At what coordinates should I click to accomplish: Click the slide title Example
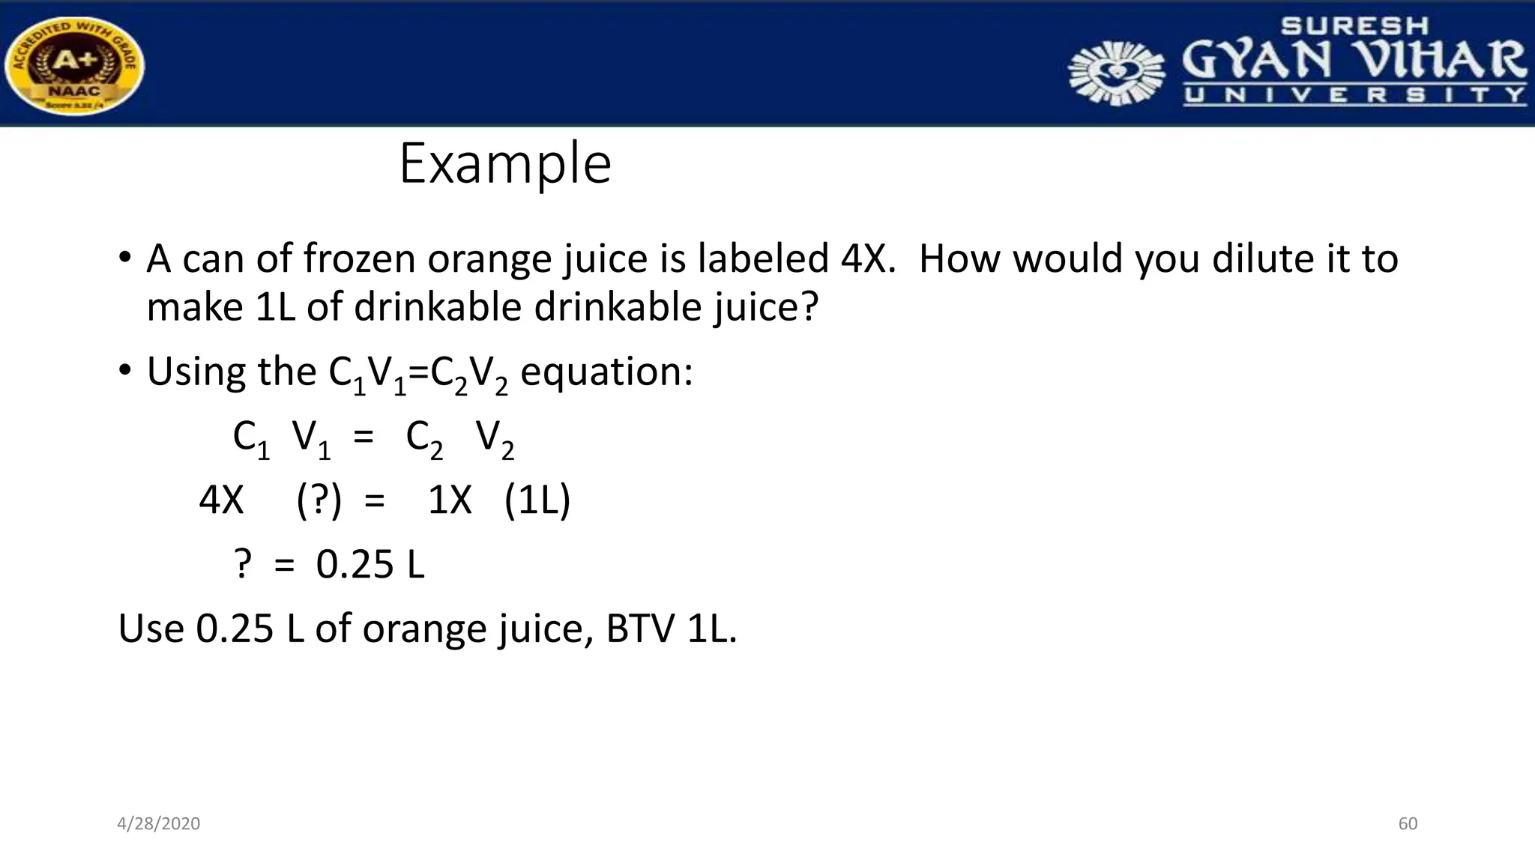point(505,164)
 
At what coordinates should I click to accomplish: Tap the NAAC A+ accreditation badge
point(74,66)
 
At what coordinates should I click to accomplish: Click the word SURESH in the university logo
point(1354,26)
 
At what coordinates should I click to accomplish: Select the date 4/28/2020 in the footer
point(159,824)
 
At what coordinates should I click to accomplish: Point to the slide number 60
point(1408,824)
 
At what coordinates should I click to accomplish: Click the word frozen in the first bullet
point(359,259)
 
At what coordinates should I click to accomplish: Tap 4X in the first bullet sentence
point(867,259)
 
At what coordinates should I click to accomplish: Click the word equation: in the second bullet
point(606,372)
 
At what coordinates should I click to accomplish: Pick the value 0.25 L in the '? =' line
point(370,565)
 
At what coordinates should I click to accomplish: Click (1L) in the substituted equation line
point(537,500)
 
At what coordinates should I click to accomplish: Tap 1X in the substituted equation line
point(450,500)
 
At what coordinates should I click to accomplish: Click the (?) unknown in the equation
point(319,500)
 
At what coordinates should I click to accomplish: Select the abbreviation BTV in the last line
point(640,629)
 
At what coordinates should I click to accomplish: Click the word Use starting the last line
point(151,629)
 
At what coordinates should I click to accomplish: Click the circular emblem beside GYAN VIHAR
point(1116,73)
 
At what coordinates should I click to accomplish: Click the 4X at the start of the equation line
point(221,500)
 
